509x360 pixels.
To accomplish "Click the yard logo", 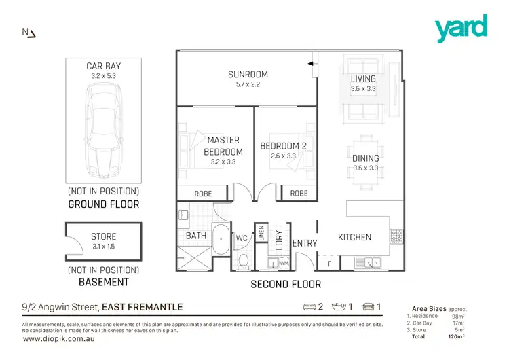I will coord(461,29).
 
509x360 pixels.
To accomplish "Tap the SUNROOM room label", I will coord(248,75).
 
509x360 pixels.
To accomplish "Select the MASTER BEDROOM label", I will coord(223,146).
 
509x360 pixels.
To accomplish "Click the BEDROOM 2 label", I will coord(284,146).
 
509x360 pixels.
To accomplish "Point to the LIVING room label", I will coord(363,79).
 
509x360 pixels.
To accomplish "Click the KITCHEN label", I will coord(354,237).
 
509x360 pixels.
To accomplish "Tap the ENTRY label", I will coord(305,243).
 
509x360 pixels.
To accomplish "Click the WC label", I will coord(242,238).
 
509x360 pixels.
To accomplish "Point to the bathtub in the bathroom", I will coord(221,239).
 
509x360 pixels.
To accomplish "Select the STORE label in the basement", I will coord(103,237).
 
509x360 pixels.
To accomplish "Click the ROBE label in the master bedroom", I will coord(203,194).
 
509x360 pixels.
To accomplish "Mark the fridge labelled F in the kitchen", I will coord(330,263).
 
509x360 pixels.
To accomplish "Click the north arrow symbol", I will coord(29,32).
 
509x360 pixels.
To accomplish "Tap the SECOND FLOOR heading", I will coord(286,284).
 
